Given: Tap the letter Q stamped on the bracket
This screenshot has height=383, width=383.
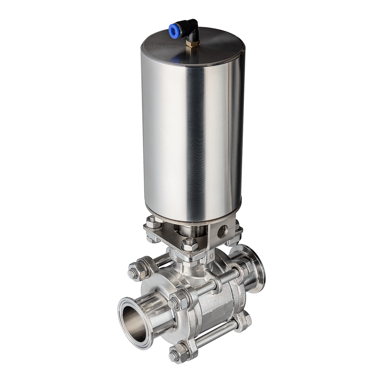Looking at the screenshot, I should click(213, 252).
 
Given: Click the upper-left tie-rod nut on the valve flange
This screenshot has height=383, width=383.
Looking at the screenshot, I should click(136, 271).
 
